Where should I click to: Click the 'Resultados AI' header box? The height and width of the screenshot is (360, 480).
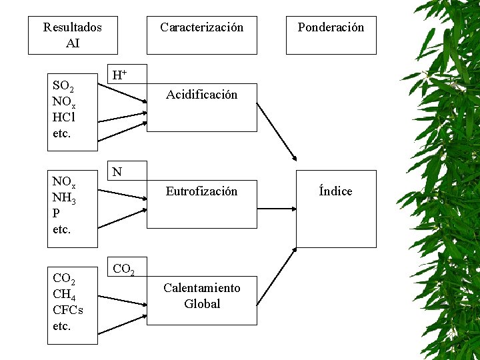coord(73,35)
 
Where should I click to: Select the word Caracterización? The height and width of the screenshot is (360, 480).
coord(201,27)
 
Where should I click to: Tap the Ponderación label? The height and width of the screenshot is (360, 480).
coord(331,27)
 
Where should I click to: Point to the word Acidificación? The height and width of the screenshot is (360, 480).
coord(201,95)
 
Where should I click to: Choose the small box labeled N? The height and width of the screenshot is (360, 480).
coord(117,172)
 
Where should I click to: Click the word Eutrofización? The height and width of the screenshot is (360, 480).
coord(201,191)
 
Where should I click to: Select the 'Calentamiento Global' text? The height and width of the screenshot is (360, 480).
coord(201,296)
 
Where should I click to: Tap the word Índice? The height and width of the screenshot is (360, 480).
coord(335,191)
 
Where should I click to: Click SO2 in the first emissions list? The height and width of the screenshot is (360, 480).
coord(63,87)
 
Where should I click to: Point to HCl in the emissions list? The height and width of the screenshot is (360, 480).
coord(64,117)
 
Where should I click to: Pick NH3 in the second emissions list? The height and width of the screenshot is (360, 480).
coord(63,198)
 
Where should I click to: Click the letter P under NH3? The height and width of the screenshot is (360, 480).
coord(56,213)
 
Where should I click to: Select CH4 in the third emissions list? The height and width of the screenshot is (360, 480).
coord(63,295)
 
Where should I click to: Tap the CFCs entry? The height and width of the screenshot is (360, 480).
coord(67,311)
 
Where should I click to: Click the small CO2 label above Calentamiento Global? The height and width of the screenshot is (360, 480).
coord(124,269)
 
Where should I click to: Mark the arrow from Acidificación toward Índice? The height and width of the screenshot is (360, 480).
coord(277,131)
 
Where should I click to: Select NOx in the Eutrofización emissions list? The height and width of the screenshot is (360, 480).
coord(64,183)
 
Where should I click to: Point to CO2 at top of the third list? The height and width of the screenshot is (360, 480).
coord(63,279)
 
